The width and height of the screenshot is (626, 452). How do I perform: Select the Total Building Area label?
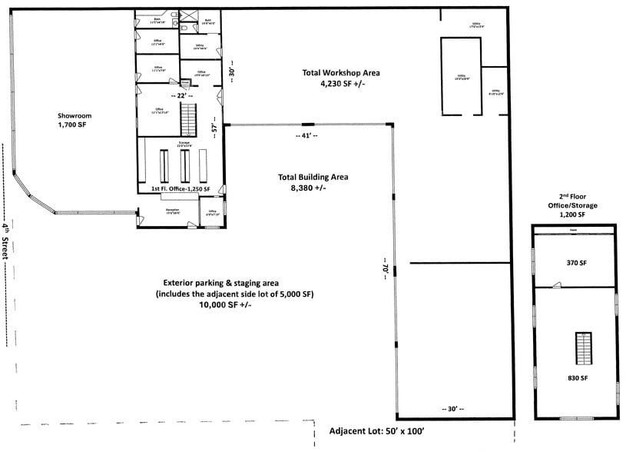tap(313, 181)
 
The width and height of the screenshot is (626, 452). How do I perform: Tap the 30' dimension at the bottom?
tap(453, 408)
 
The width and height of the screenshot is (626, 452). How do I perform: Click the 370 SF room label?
tap(576, 263)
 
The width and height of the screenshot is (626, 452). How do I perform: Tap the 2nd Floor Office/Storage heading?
tap(573, 205)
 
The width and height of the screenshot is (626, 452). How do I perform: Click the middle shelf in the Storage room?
tap(184, 164)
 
